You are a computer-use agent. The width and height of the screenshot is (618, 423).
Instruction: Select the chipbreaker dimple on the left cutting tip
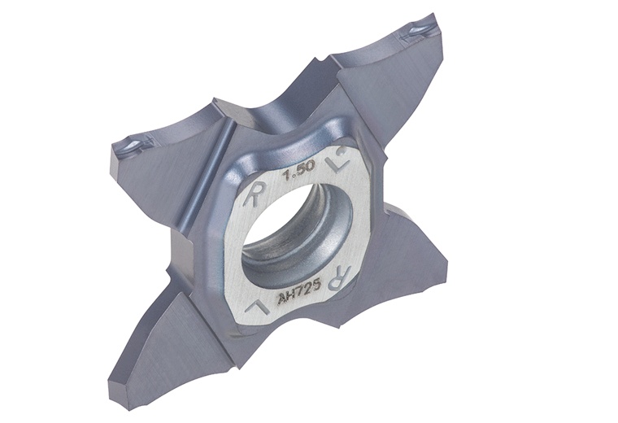(x=128, y=147)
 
